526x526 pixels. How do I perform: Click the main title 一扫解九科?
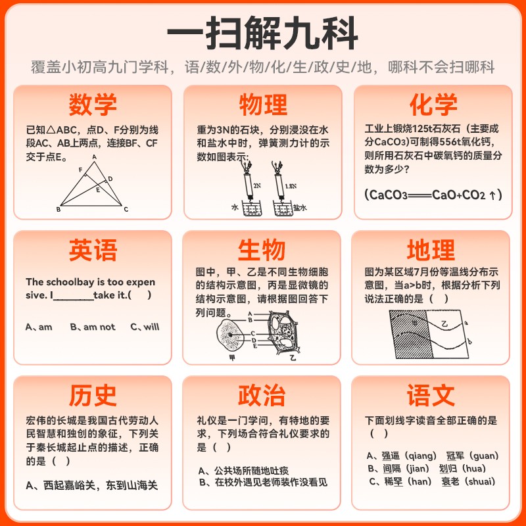262,32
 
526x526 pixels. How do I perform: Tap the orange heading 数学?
93,105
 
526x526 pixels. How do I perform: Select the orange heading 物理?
263,105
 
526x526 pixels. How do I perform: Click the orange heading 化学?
433,105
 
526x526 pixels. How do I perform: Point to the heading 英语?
93,251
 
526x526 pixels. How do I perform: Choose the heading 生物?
262,251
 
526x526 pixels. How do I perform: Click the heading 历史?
93,395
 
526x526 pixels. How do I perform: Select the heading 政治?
262,395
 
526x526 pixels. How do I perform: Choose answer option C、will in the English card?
145,327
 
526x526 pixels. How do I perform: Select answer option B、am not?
93,327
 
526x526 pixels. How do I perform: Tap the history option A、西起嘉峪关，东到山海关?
92,485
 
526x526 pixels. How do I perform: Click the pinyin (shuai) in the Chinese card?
481,482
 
